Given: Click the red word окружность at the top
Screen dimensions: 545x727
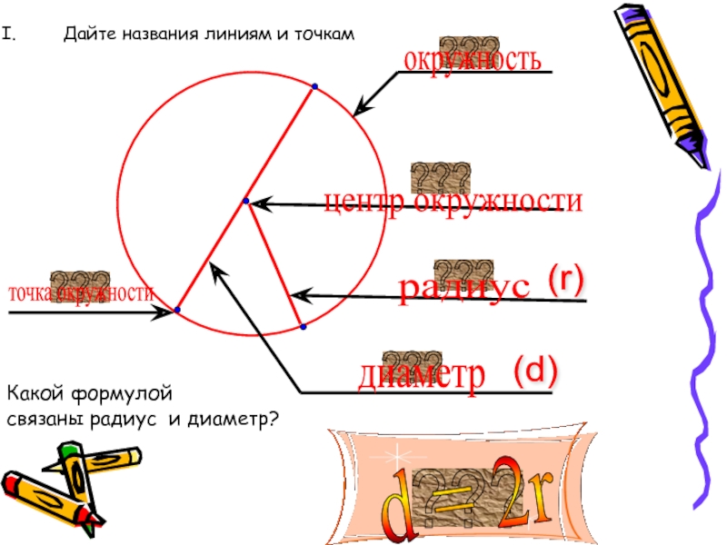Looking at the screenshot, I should (473, 61).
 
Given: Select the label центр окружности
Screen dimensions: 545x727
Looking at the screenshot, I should (453, 202).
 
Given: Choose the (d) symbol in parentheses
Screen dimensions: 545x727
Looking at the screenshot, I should (533, 370).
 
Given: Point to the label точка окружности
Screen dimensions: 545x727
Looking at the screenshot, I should (81, 293).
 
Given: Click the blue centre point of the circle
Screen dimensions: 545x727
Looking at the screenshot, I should (245, 201).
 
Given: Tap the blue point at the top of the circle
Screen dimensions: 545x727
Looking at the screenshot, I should (314, 87).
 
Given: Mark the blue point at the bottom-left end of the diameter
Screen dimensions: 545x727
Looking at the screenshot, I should (177, 311).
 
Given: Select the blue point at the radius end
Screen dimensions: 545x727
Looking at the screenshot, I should (302, 325).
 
